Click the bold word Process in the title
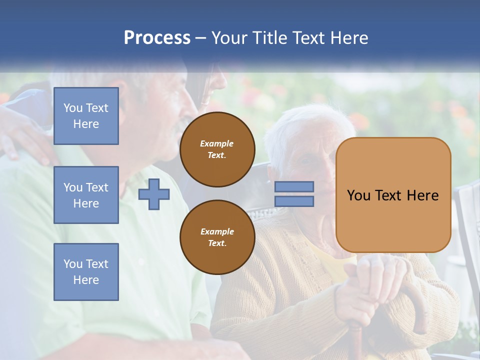point(157,37)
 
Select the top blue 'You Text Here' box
point(86,116)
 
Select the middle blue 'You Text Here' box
point(86,195)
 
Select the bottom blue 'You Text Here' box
point(86,271)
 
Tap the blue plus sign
point(154,194)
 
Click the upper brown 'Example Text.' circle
point(217,149)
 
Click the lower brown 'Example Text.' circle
point(217,237)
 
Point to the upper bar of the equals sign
point(294,186)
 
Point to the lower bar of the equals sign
point(294,201)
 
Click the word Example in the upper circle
point(216,143)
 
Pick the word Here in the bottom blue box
point(86,280)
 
